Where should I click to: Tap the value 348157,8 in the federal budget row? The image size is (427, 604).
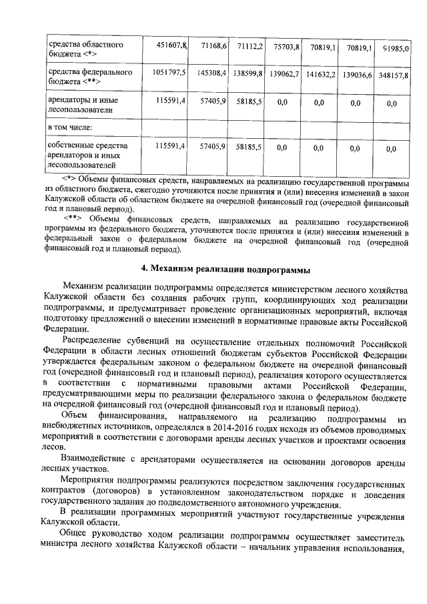(x=398, y=77)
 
